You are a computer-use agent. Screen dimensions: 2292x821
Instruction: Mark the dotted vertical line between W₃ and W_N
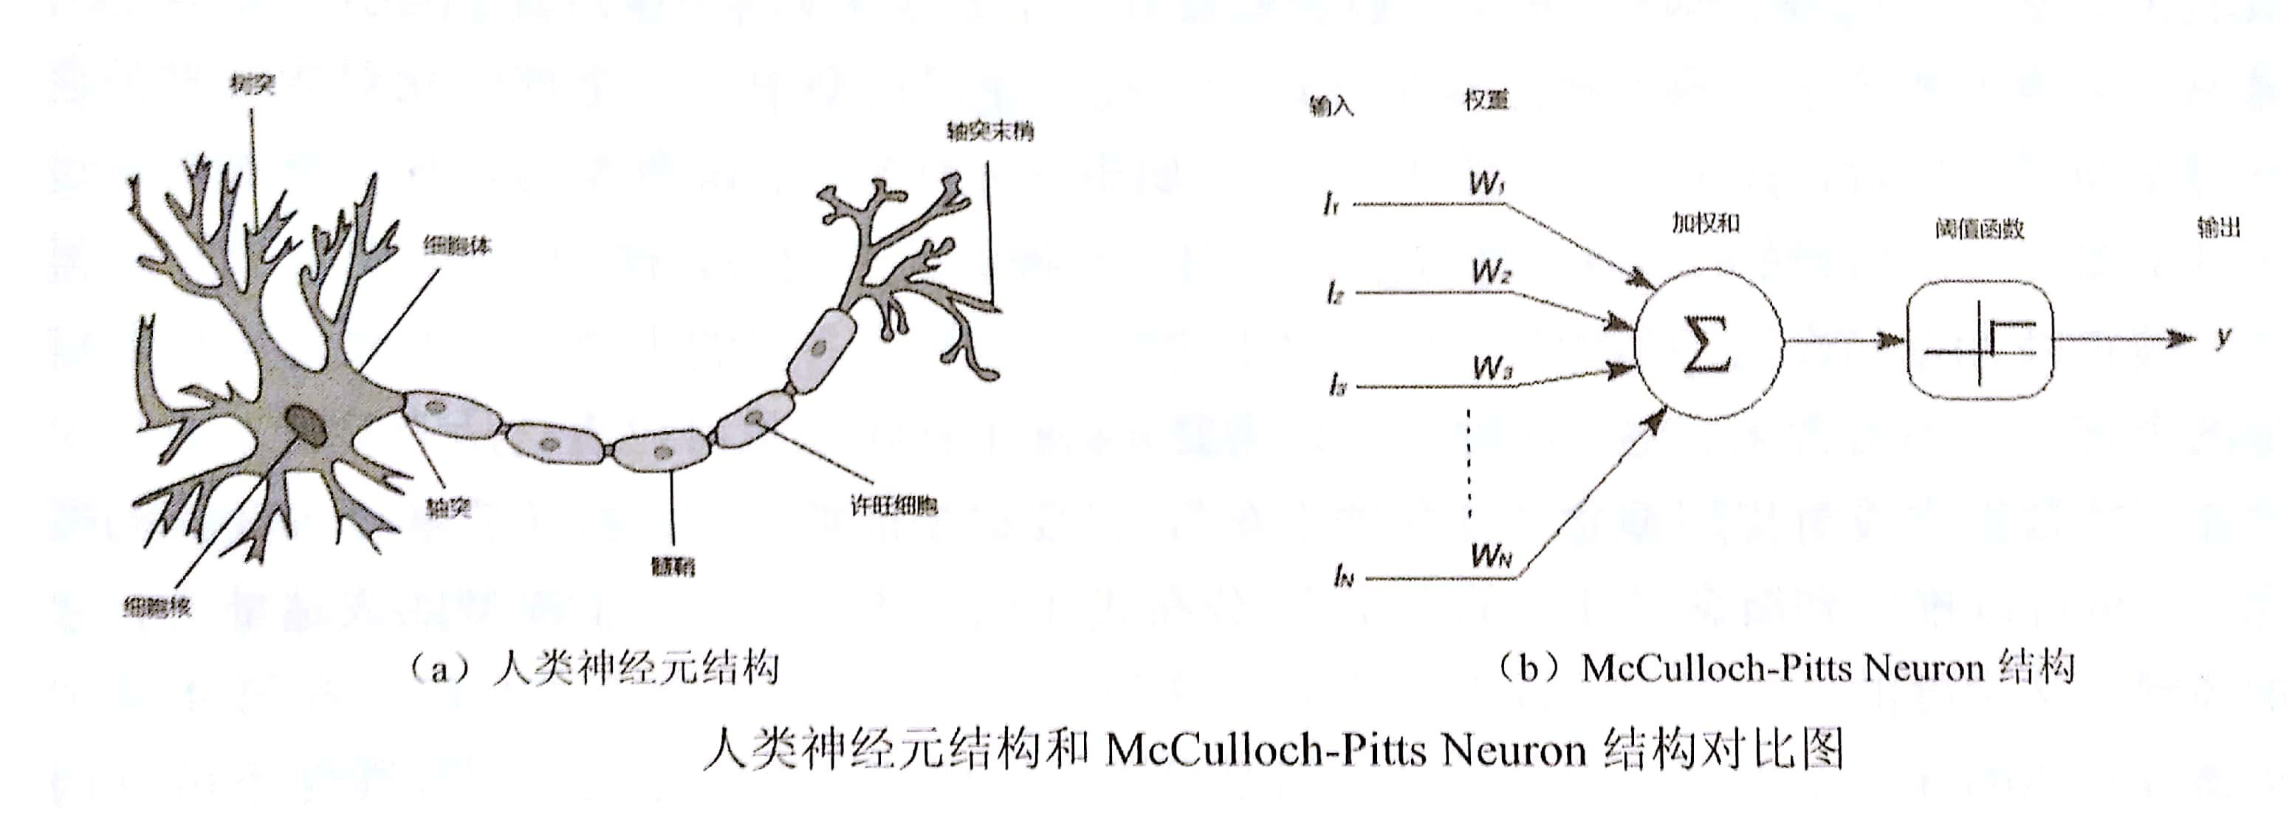click(1469, 462)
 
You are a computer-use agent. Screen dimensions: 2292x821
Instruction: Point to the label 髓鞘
click(673, 566)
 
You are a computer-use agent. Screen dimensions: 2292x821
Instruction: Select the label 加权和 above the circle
click(1705, 223)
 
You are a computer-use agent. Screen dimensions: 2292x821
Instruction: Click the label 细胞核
click(157, 608)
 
